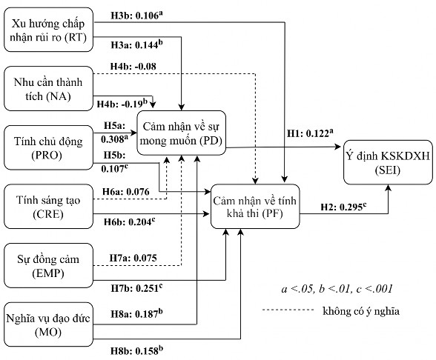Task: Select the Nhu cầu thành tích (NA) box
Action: (49, 85)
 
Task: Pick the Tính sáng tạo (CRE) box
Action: (49, 202)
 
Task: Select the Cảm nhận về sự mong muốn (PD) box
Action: (191, 133)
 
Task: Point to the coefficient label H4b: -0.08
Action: (133, 67)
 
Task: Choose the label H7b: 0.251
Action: (137, 287)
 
